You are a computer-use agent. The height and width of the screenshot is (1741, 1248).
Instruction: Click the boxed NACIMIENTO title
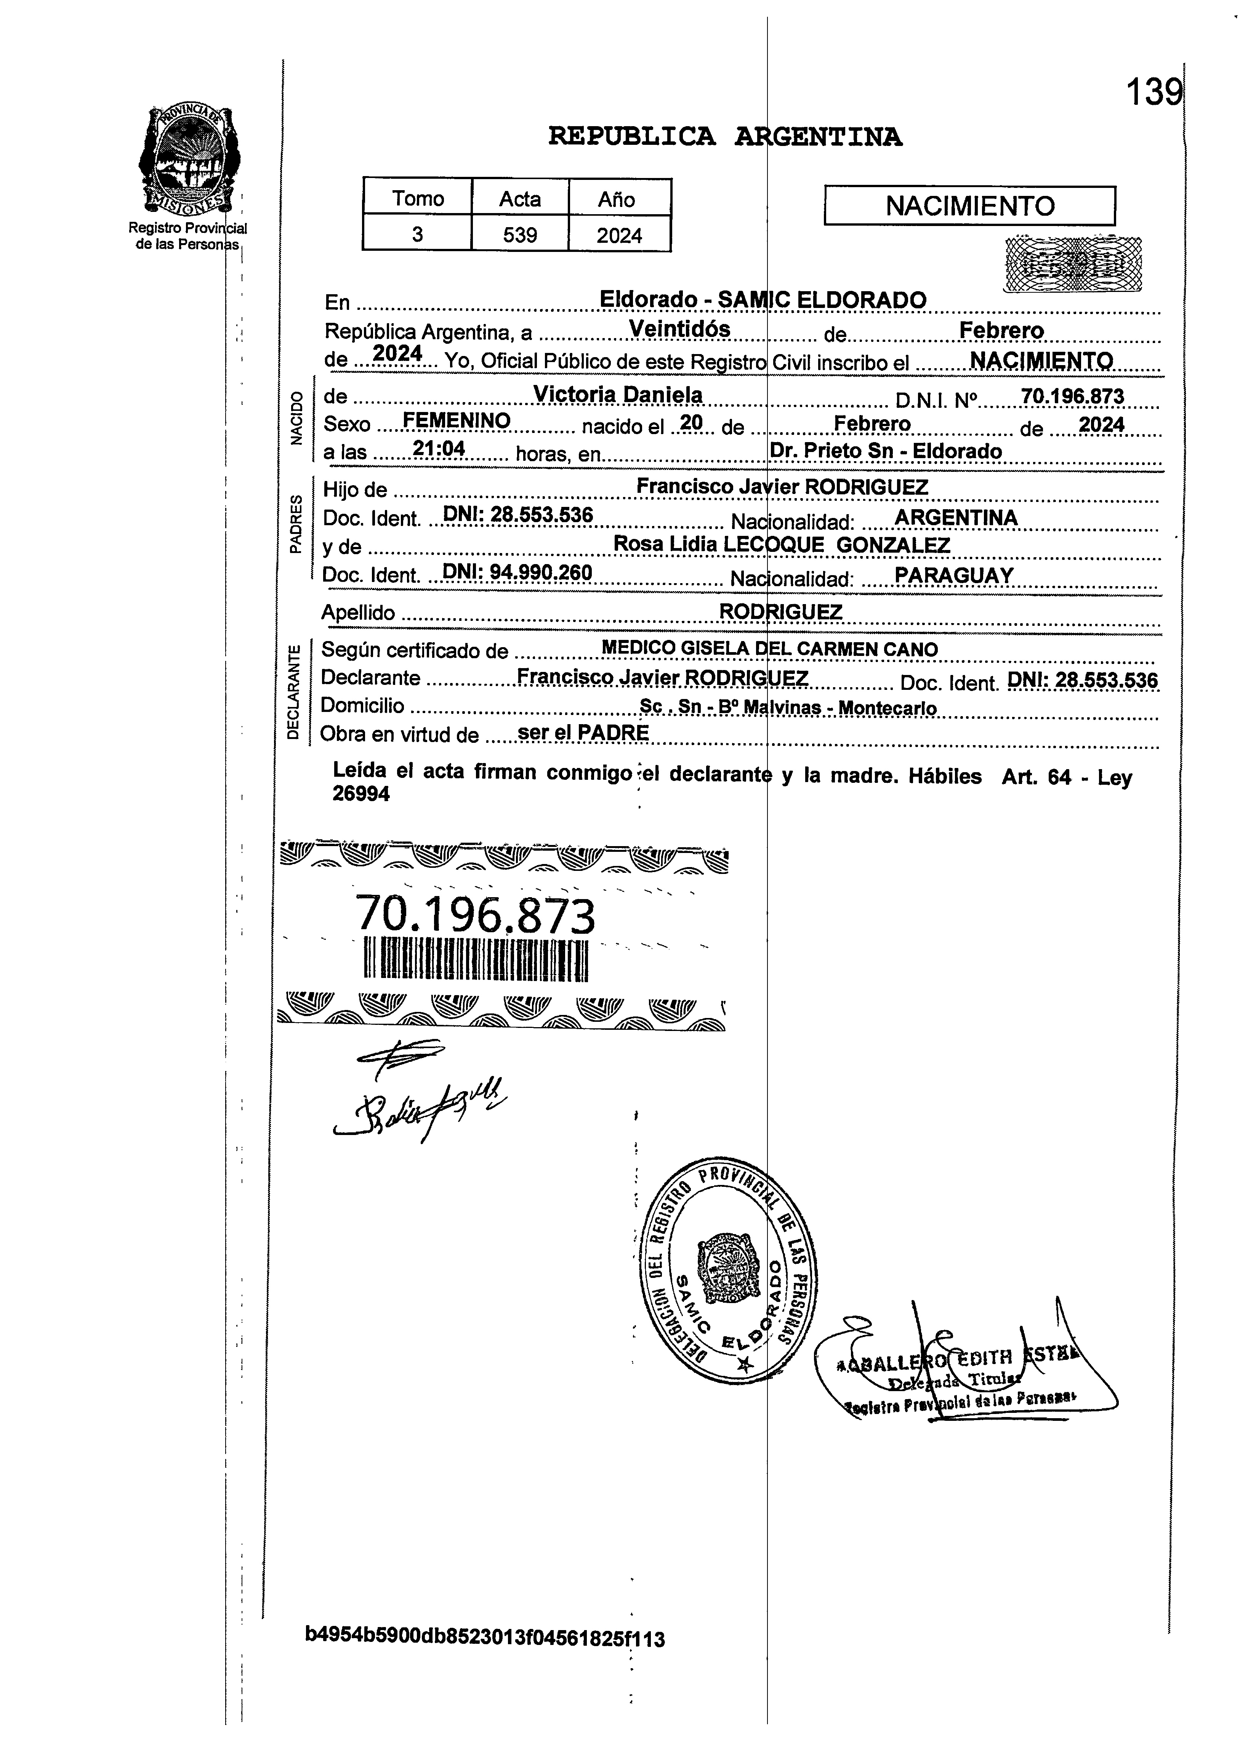tap(969, 206)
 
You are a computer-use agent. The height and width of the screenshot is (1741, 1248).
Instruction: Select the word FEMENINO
tap(457, 421)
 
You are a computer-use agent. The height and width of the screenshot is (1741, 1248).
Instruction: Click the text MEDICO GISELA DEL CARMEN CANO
tap(769, 649)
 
